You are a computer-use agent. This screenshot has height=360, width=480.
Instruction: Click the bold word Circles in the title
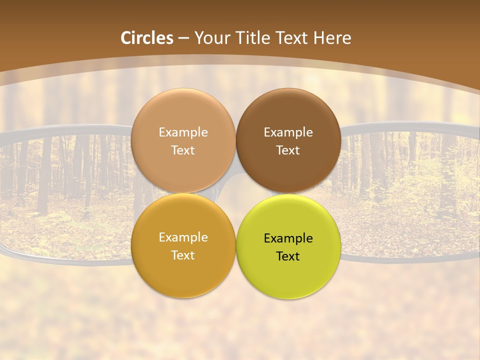tap(147, 38)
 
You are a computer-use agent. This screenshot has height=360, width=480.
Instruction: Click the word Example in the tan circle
tap(183, 132)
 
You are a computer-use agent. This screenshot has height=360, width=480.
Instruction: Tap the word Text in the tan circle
tap(183, 150)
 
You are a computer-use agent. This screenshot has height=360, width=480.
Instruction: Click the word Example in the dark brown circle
tap(288, 132)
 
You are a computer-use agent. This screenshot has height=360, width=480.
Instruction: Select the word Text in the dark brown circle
tap(288, 150)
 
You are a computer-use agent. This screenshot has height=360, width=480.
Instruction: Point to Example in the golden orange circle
tap(183, 237)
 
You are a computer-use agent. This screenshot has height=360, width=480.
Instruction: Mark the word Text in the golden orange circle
tap(183, 255)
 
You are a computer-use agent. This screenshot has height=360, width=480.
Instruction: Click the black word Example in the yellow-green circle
tap(288, 238)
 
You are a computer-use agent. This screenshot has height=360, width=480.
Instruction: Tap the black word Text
tap(288, 256)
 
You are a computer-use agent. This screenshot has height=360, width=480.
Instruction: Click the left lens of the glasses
tap(65, 195)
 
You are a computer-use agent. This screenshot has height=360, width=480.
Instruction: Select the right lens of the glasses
tap(410, 195)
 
